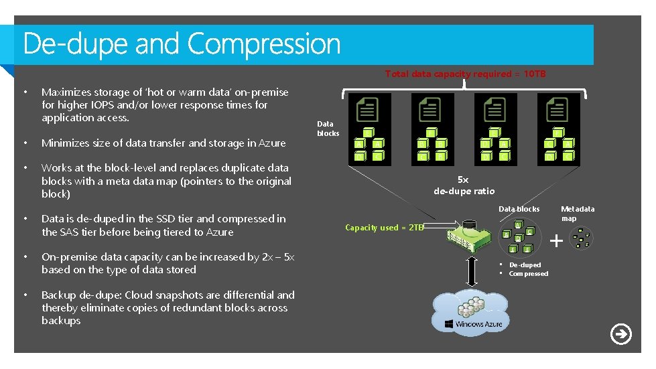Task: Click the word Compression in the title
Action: (264, 44)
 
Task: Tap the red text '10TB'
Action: (534, 74)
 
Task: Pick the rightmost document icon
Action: (557, 109)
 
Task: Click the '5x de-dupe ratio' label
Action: (464, 186)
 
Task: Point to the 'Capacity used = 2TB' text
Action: (385, 228)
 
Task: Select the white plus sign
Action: (555, 239)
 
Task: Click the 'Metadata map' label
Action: (578, 214)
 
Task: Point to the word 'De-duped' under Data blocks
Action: (525, 265)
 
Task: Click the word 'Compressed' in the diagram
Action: (528, 274)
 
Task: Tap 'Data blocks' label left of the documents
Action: (328, 129)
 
